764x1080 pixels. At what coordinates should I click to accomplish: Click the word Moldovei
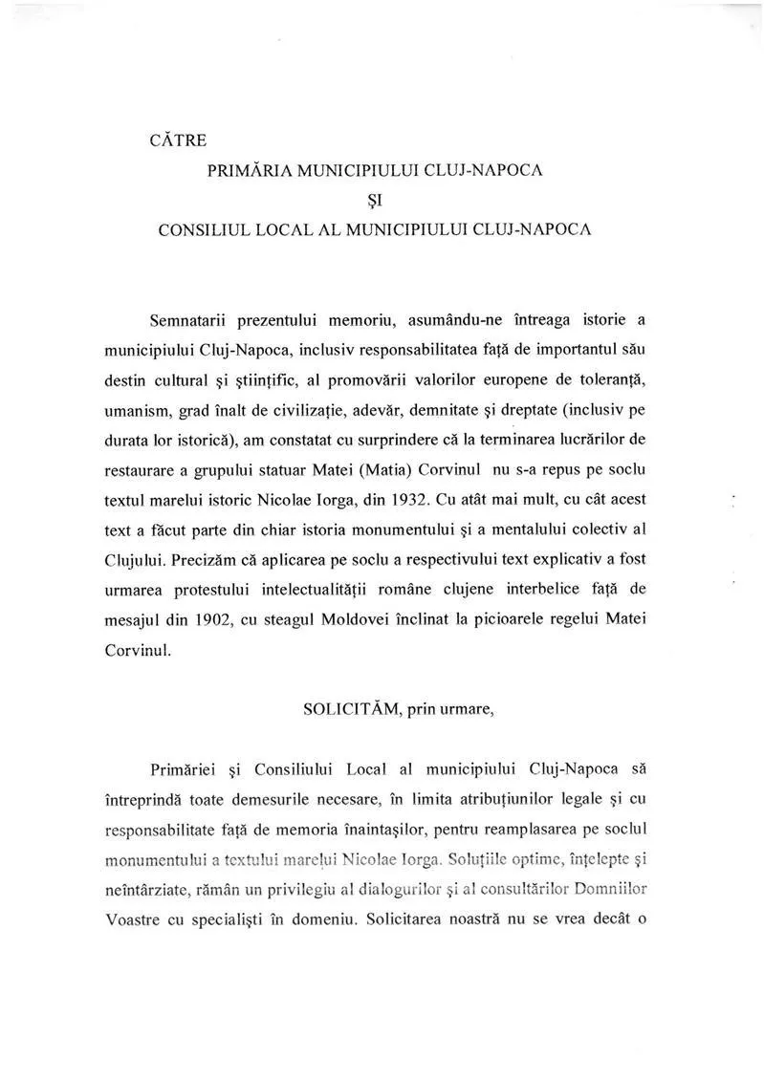click(358, 618)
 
